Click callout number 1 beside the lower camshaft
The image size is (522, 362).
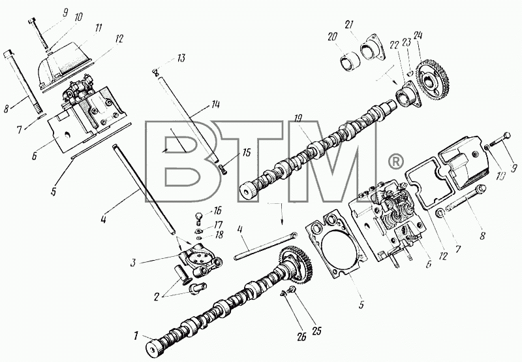point(136,336)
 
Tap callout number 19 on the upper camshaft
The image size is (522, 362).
point(298,118)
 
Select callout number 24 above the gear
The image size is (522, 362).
point(418,35)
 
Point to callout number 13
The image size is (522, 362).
point(181,59)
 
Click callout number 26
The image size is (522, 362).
point(301,337)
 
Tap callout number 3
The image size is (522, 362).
point(133,263)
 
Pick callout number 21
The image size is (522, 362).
point(349,25)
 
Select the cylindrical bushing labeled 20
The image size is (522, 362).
point(350,62)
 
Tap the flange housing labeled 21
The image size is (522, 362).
point(372,50)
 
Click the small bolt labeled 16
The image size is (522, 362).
point(198,219)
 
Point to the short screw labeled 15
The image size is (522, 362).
point(223,169)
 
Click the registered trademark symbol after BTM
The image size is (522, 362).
point(396,161)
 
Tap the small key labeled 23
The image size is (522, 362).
point(410,73)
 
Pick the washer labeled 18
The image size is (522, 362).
point(199,238)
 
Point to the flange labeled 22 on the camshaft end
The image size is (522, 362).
point(408,95)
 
